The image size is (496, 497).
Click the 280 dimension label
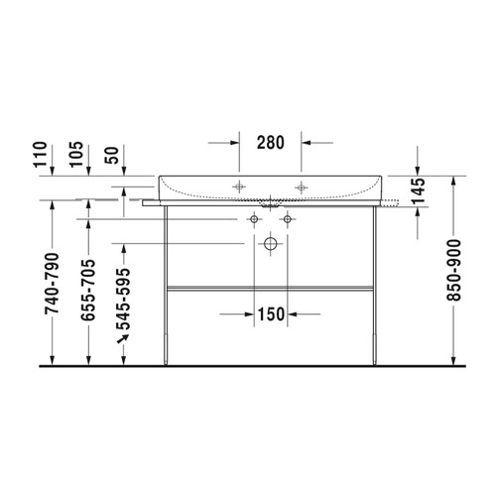click(271, 142)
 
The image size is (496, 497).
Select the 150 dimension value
click(271, 314)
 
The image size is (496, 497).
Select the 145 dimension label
click(419, 190)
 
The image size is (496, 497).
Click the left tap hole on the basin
click(238, 186)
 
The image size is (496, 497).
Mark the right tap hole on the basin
click(301, 186)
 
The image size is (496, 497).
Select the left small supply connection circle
click(254, 218)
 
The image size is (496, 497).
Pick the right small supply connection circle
click(288, 218)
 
